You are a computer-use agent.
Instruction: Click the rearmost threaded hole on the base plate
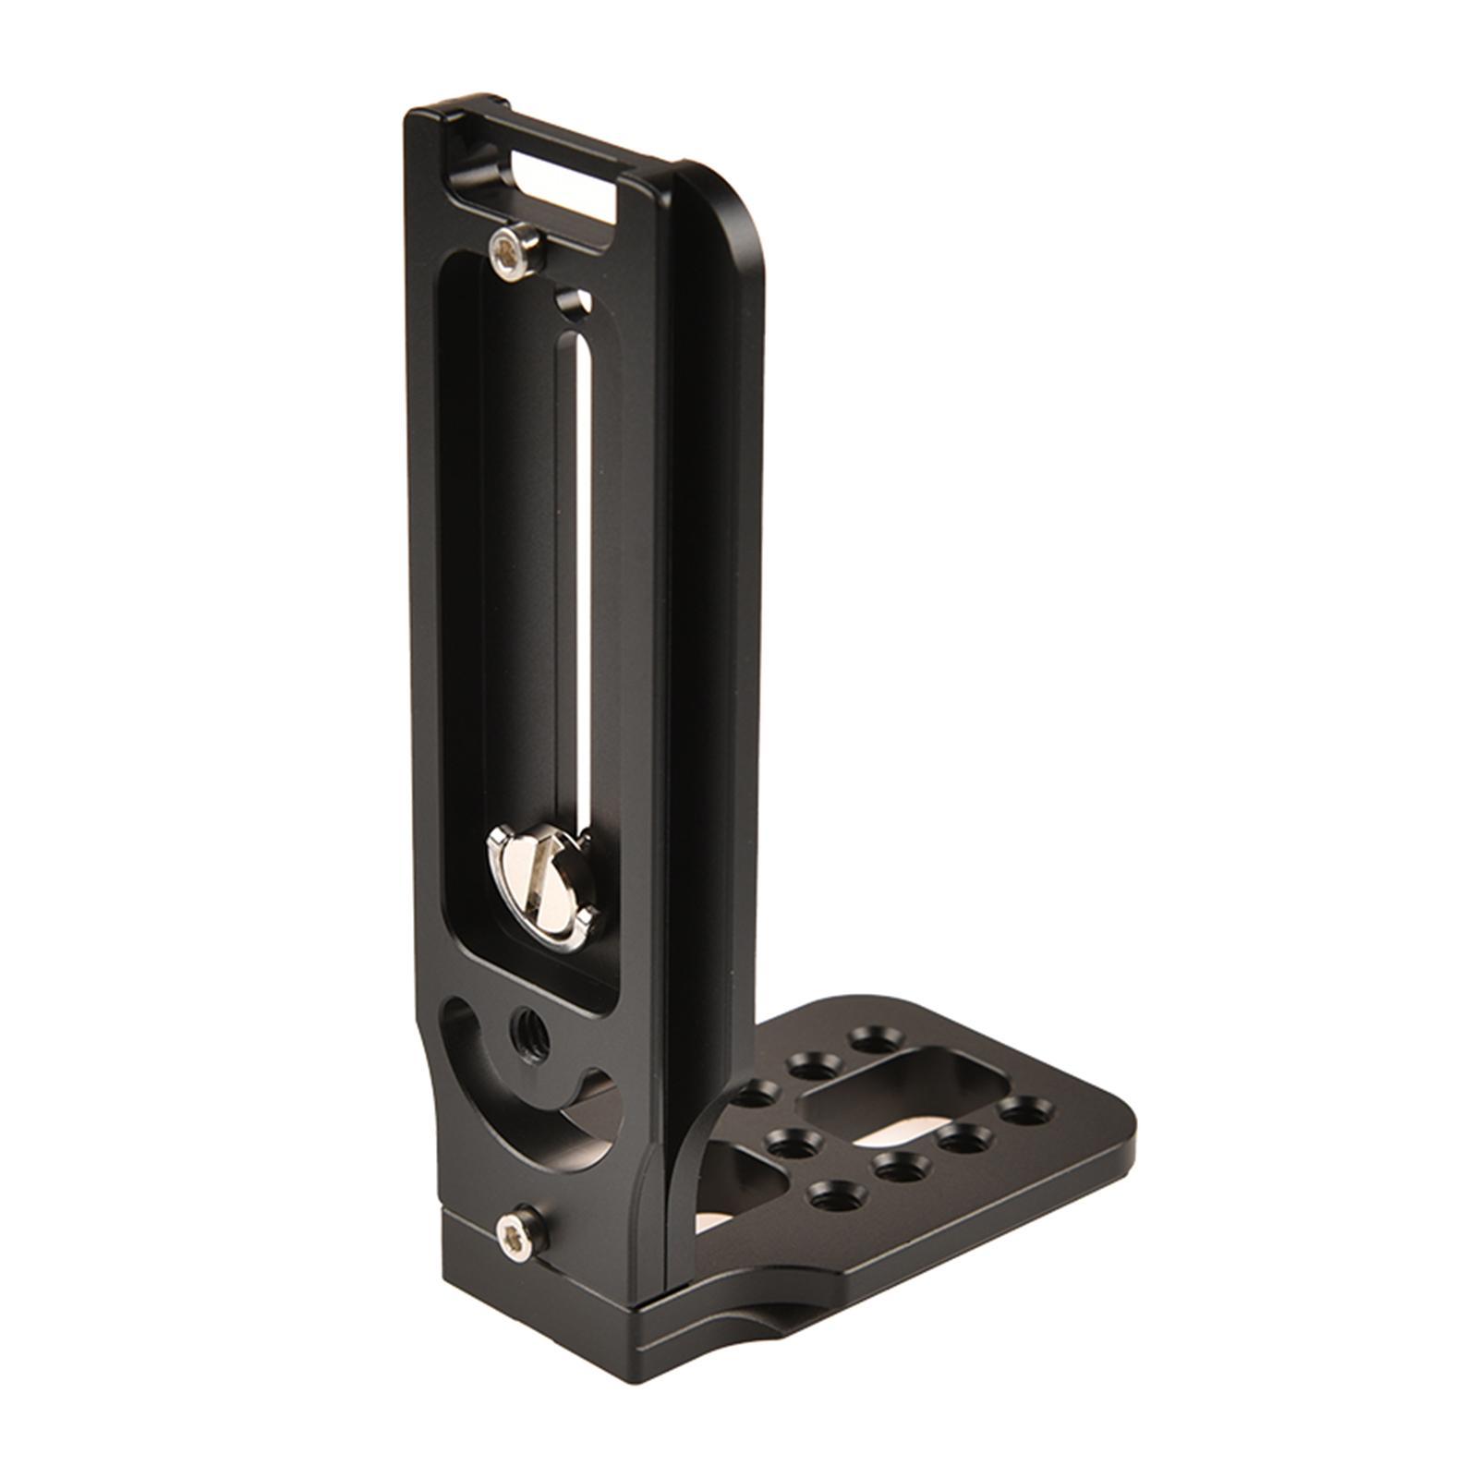866,1036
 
